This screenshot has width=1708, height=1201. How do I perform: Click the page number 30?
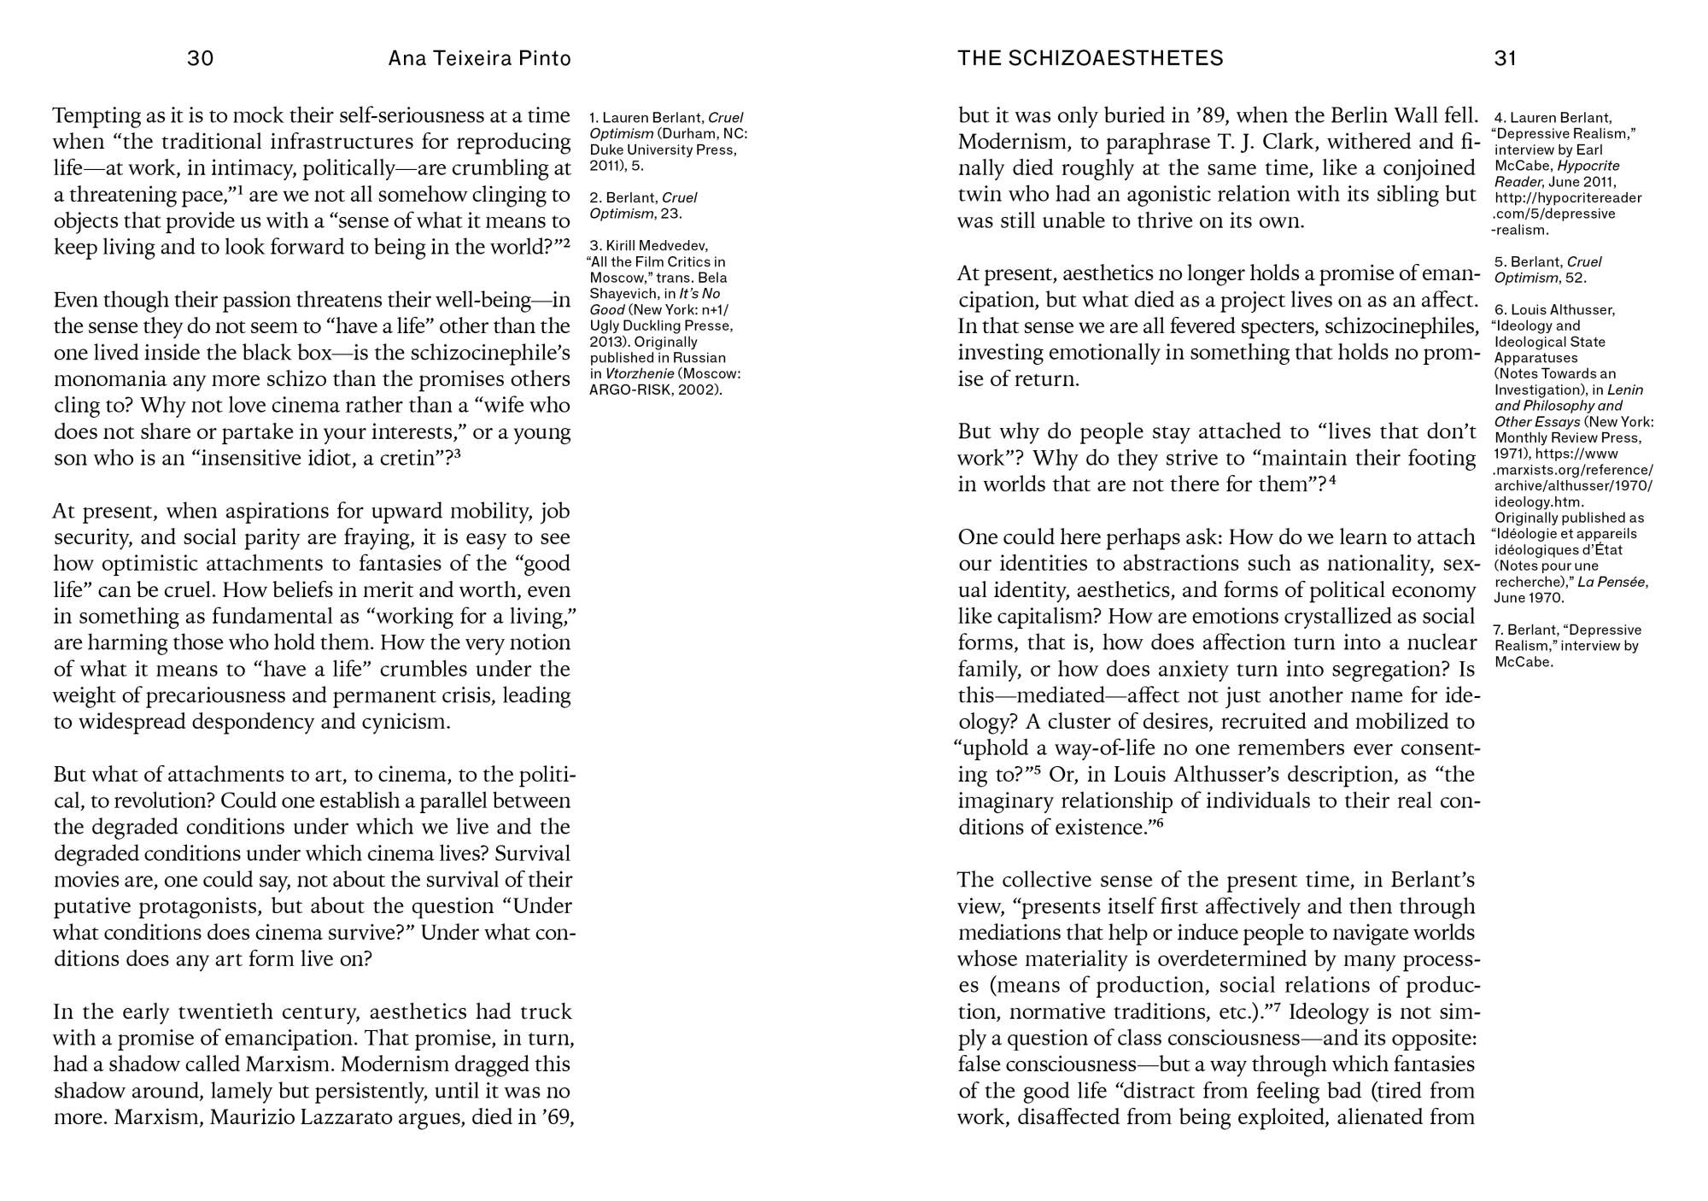(x=200, y=58)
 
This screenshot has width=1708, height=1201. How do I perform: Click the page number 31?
(x=1505, y=58)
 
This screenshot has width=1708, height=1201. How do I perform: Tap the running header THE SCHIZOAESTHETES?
(x=1090, y=58)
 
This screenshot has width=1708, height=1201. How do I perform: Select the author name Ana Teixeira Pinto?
(x=479, y=58)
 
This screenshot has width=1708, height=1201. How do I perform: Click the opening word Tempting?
(x=95, y=115)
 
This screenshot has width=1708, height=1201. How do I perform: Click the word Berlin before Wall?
(x=1357, y=115)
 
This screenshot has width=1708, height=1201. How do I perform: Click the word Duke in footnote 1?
(x=605, y=150)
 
